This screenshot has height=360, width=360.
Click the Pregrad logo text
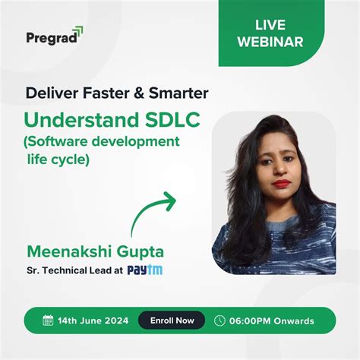click(x=50, y=36)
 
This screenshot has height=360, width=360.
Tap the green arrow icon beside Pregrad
click(x=78, y=30)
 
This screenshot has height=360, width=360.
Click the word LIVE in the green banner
click(x=271, y=24)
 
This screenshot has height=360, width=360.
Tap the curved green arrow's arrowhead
click(x=169, y=201)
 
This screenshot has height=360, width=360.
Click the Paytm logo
click(x=145, y=270)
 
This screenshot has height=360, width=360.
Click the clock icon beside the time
click(x=220, y=321)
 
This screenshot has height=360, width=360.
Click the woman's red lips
click(x=282, y=182)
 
